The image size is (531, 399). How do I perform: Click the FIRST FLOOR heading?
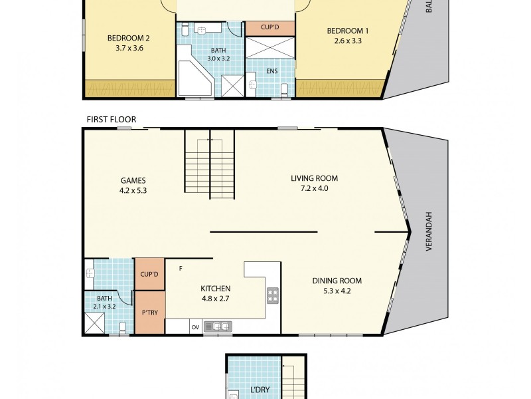click(x=111, y=120)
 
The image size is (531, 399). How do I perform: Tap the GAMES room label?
click(x=133, y=180)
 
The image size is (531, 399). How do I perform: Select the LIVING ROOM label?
click(x=314, y=178)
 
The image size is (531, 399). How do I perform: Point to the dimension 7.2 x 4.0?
click(x=314, y=188)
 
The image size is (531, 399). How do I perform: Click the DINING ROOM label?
click(x=337, y=281)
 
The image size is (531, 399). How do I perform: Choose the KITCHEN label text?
click(x=215, y=289)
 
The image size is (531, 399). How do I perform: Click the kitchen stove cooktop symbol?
click(x=272, y=296)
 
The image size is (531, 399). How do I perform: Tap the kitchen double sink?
click(x=217, y=327)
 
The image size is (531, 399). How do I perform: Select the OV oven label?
click(x=195, y=327)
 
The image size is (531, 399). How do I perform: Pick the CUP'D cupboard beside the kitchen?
click(x=149, y=274)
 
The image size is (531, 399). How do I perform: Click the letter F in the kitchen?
click(x=181, y=269)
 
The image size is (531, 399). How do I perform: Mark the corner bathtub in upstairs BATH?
click(x=194, y=78)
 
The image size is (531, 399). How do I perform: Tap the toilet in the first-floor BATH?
click(x=123, y=327)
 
